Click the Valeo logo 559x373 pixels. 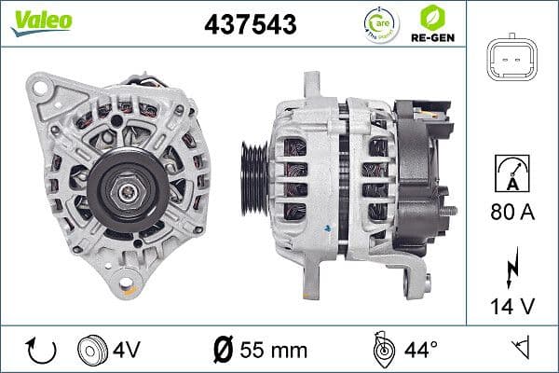pos(41,21)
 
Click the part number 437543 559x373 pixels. pos(251,25)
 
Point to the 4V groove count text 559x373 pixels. pos(129,351)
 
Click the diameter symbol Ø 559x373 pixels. pos(225,351)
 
